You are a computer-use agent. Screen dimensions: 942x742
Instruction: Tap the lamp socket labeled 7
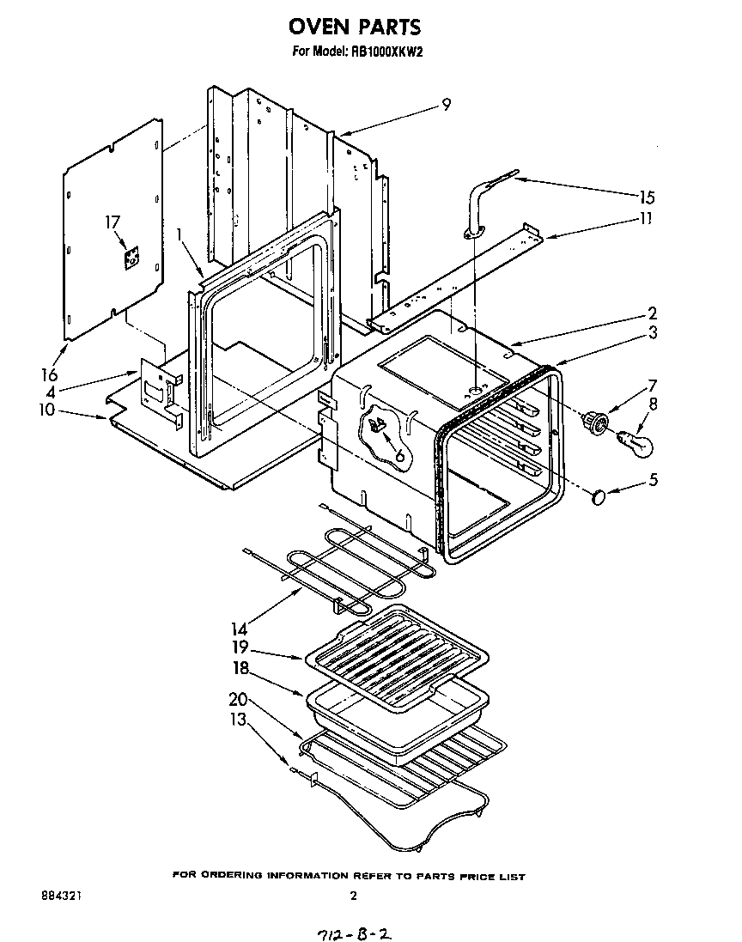click(x=596, y=422)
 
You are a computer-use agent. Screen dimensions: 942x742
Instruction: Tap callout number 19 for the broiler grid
click(x=240, y=649)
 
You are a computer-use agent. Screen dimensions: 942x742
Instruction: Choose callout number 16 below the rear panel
click(x=49, y=375)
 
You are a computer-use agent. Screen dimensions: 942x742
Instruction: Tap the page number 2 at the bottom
click(x=353, y=896)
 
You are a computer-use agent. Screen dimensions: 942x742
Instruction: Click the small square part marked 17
click(x=131, y=258)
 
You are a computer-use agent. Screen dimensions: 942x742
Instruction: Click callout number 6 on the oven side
click(x=398, y=456)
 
